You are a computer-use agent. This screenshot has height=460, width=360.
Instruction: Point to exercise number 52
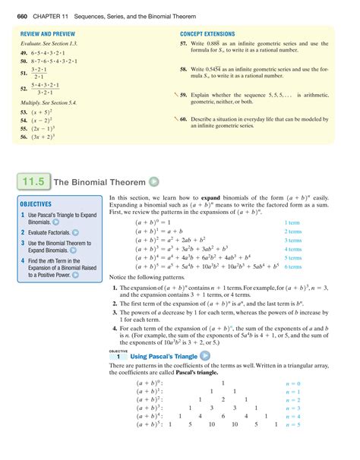(24, 89)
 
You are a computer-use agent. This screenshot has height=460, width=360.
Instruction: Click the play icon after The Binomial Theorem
(154, 182)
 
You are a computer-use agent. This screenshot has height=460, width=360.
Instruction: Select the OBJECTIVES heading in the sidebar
(36, 204)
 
